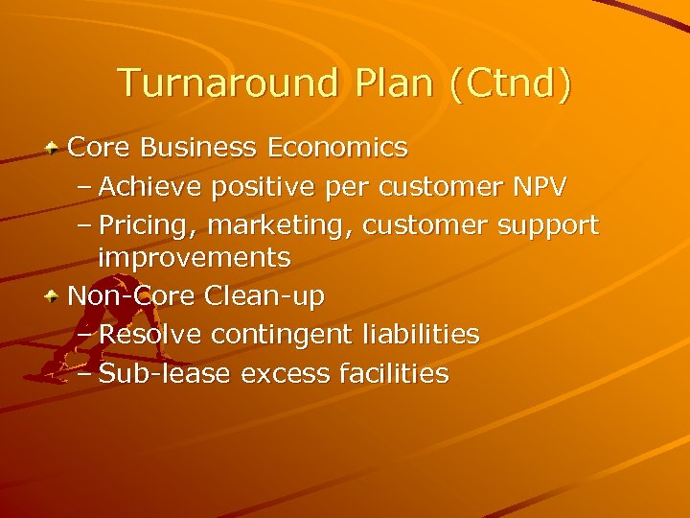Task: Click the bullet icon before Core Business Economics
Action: click(x=56, y=149)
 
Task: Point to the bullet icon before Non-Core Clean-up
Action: click(x=56, y=297)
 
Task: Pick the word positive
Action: click(x=255, y=186)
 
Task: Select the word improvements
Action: click(x=195, y=258)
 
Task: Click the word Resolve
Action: click(x=150, y=334)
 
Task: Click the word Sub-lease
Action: click(x=165, y=372)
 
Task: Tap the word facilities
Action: click(x=394, y=372)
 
